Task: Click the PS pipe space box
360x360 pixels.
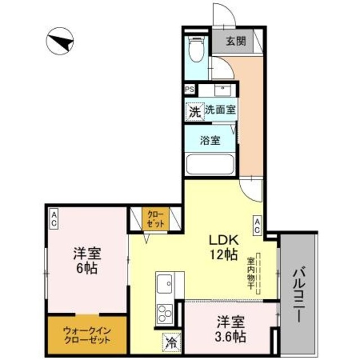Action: click(x=190, y=89)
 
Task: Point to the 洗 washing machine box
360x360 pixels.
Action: click(x=194, y=111)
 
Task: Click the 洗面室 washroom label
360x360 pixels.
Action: click(x=219, y=111)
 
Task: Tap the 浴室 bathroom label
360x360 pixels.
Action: click(x=210, y=141)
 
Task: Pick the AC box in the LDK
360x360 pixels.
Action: click(x=256, y=225)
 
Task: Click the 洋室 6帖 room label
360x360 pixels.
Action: click(x=86, y=260)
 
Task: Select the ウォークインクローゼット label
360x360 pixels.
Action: click(x=87, y=336)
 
